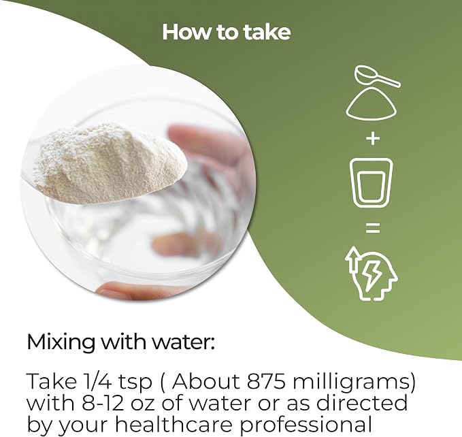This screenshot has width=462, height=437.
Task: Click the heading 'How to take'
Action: click(227, 32)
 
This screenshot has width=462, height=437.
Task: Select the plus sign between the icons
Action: click(373, 138)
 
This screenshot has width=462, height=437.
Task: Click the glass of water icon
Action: click(372, 182)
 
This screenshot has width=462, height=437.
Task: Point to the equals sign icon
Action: click(373, 228)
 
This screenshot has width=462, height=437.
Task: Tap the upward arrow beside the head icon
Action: click(352, 259)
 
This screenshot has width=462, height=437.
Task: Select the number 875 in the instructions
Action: click(266, 382)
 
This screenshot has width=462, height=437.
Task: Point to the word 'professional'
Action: click(306, 425)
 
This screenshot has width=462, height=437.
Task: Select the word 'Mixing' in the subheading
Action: click(61, 342)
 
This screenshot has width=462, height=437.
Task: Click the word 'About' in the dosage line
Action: click(206, 381)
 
